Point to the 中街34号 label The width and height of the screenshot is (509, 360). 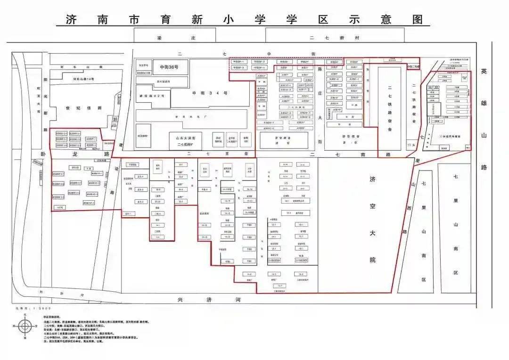click(x=210, y=93)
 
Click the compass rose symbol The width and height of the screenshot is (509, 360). click(x=25, y=326)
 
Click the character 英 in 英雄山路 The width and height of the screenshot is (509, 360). click(x=484, y=71)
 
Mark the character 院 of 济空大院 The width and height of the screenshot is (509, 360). click(x=373, y=260)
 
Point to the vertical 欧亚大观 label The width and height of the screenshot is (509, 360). click(x=38, y=102)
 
